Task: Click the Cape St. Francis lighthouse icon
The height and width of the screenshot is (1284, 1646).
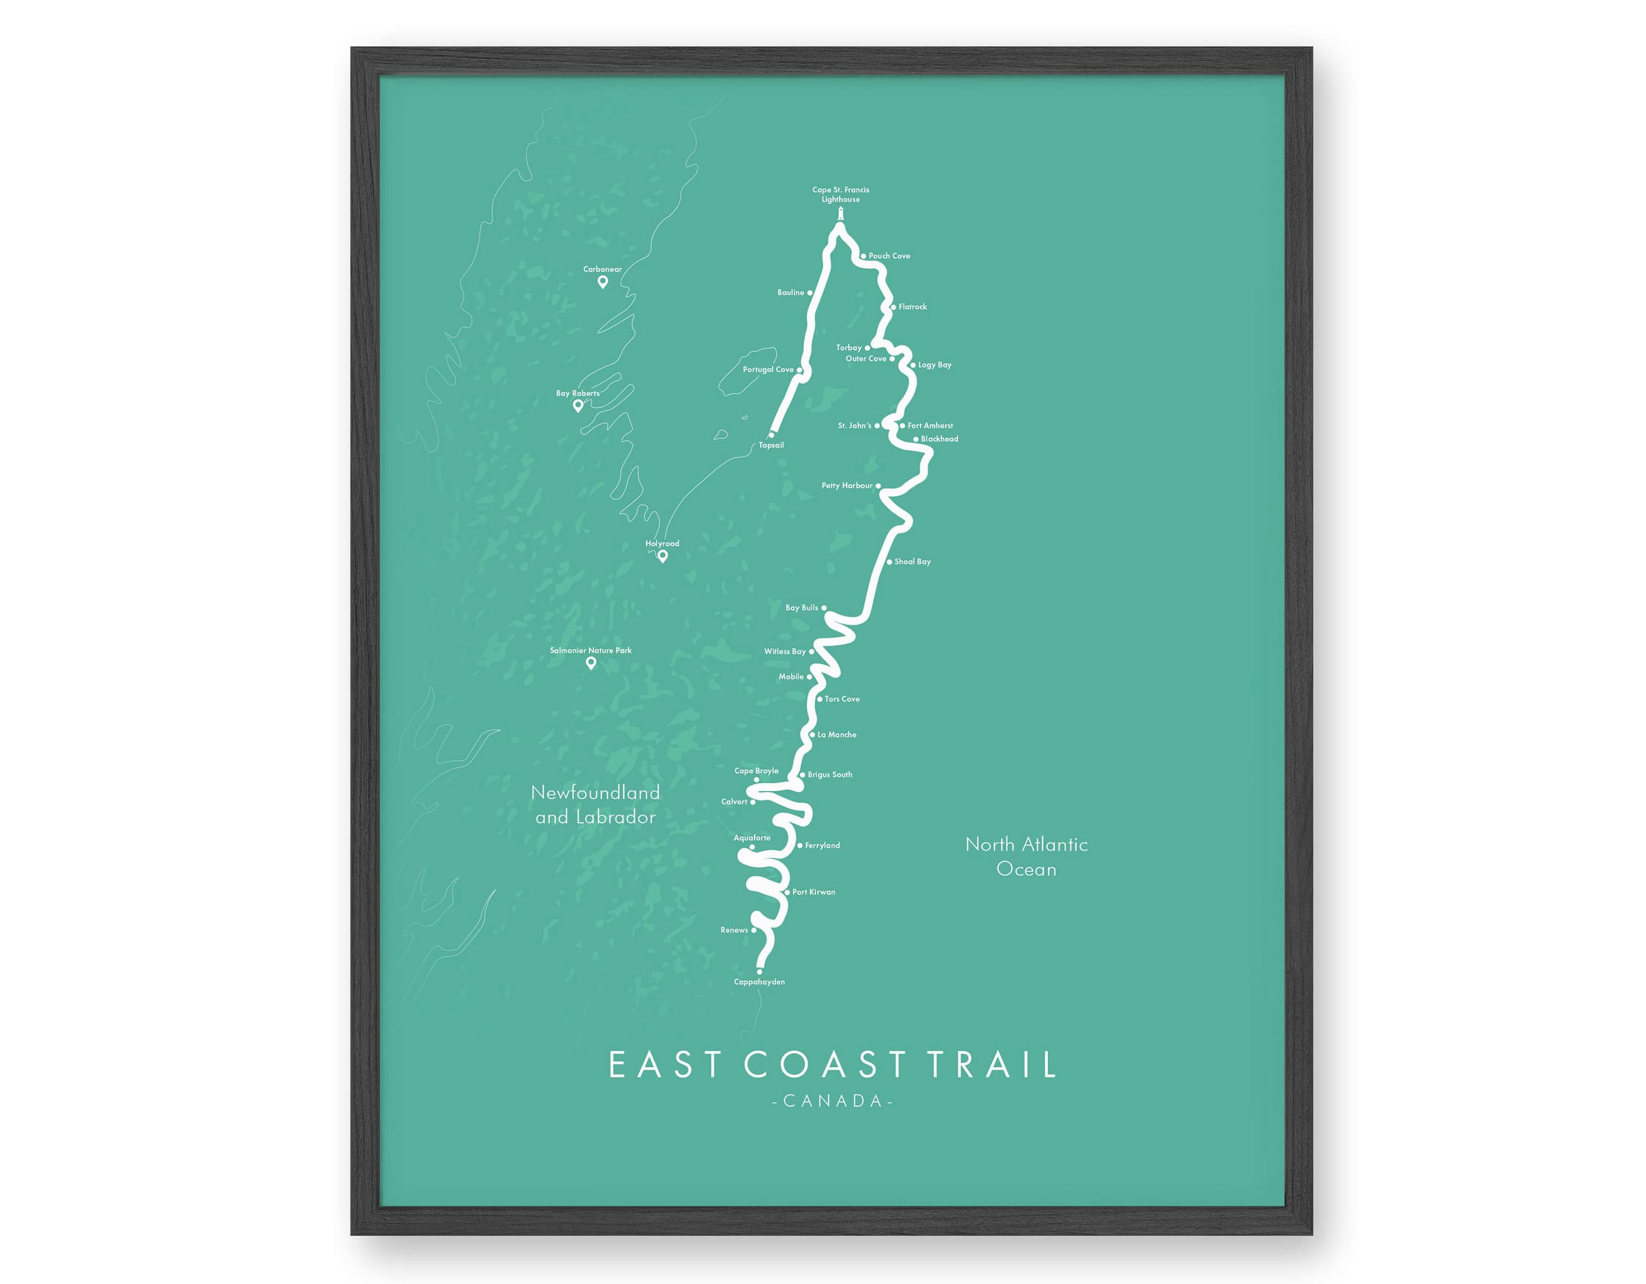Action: point(840,214)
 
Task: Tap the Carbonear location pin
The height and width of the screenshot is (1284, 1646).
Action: point(603,282)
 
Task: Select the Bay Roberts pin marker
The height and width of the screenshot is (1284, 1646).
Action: point(578,406)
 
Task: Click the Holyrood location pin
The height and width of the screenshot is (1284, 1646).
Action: point(662,556)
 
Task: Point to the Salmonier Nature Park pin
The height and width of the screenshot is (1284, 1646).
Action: point(591,662)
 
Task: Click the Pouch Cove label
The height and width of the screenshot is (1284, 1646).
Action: point(890,256)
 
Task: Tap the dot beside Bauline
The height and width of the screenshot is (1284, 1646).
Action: point(810,292)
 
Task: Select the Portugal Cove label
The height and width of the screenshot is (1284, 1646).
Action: point(768,370)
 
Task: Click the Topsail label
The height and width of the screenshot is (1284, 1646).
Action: point(771,445)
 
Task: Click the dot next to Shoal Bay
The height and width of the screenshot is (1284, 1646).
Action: point(890,562)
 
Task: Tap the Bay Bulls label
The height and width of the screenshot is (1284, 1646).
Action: point(802,608)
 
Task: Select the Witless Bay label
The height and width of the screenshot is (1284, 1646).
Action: point(785,652)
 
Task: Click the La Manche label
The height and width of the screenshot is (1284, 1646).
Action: point(837,734)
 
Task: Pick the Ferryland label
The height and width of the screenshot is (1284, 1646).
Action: point(822,846)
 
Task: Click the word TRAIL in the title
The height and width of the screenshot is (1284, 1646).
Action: point(992,1065)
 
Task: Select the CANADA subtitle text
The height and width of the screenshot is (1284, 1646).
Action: point(833,1101)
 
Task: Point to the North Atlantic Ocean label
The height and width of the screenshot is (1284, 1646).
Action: point(1026,857)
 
